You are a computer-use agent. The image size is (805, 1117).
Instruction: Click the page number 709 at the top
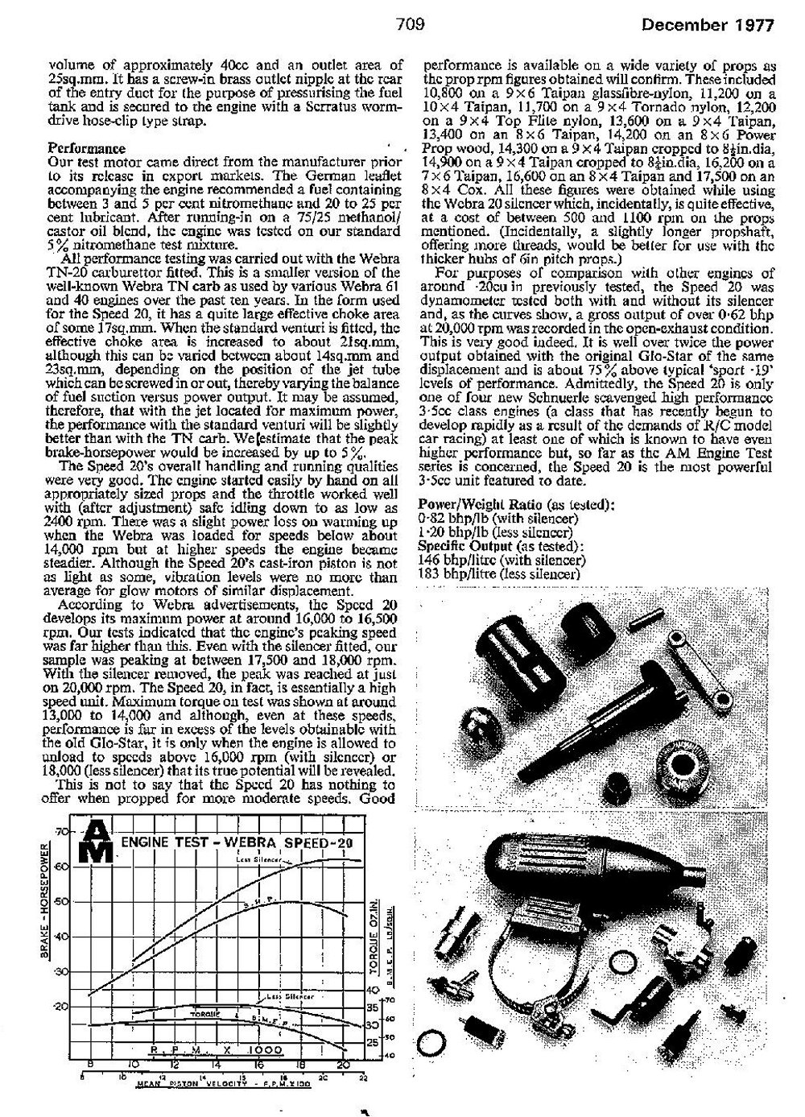(410, 23)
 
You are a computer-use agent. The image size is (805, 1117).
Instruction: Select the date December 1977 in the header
(708, 24)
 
